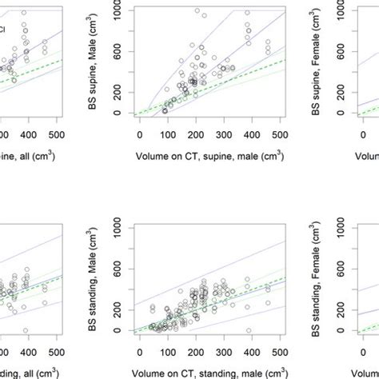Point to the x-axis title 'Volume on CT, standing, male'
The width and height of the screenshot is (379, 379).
210,372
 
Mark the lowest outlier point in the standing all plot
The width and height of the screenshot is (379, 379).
26,330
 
